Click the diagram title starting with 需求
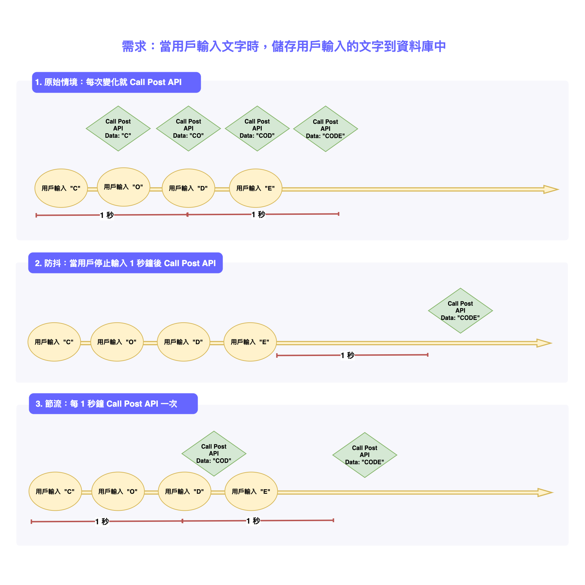tap(284, 46)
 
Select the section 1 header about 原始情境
tap(116, 82)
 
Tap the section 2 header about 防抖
tap(125, 263)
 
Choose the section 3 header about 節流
tap(113, 404)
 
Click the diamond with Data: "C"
tap(118, 128)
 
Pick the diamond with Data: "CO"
tap(188, 128)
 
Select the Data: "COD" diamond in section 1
tap(257, 128)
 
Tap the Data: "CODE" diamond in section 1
tap(325, 129)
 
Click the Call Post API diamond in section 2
tap(460, 311)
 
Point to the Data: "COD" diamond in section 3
tap(214, 453)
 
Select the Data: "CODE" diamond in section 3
tap(364, 455)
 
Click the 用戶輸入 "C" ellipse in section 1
tap(61, 188)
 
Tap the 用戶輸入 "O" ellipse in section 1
tap(123, 187)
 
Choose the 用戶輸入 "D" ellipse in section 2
tap(183, 342)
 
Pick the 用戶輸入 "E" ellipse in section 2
tap(250, 342)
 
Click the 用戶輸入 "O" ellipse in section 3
tap(118, 491)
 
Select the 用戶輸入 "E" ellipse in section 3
tap(251, 491)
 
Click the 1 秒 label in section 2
tap(347, 355)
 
